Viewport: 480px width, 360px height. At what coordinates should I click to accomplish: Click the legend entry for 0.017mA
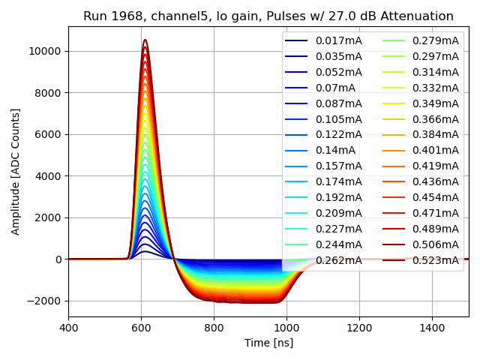click(338, 40)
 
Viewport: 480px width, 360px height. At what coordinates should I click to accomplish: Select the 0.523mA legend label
click(435, 261)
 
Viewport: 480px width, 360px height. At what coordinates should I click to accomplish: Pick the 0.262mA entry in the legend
click(338, 261)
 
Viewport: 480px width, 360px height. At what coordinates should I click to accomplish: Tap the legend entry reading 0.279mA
click(435, 40)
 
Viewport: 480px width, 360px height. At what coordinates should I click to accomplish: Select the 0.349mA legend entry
click(435, 103)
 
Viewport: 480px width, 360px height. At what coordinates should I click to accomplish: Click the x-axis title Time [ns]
click(268, 343)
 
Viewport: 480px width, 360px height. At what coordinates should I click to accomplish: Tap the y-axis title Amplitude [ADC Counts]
click(16, 171)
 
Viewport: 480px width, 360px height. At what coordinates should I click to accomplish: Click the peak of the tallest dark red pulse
click(145, 40)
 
